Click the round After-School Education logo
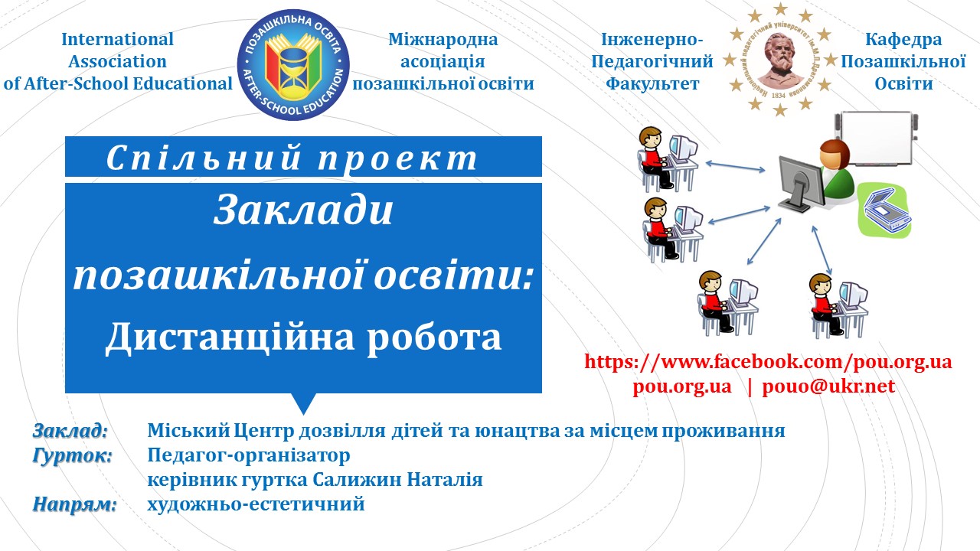point(293,65)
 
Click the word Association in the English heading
point(117,61)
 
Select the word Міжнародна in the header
point(443,39)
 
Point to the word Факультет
point(652,83)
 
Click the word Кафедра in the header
point(903,39)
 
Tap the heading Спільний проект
point(292,158)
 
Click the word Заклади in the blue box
point(303,210)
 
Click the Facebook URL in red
point(768,362)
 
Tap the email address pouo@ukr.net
point(828,386)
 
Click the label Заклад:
point(70,431)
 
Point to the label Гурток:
point(73,455)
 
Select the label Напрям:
point(75,504)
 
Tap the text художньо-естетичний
point(256,504)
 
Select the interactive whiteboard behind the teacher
point(877,139)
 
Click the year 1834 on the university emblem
point(779,95)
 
